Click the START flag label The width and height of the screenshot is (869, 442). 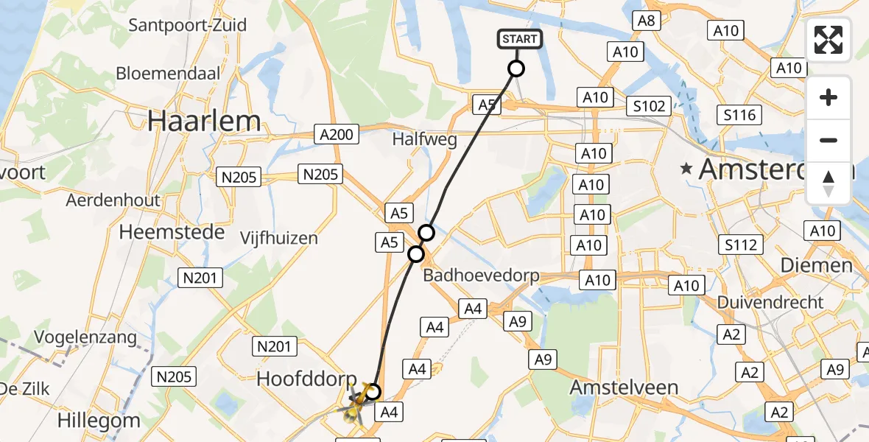click(521, 39)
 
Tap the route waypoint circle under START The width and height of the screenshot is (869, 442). click(516, 69)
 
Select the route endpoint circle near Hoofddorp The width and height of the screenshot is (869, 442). click(373, 392)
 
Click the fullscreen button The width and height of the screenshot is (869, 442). click(828, 40)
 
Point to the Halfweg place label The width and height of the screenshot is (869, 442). click(425, 139)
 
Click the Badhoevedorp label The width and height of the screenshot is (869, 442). click(481, 276)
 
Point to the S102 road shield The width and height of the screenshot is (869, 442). click(649, 106)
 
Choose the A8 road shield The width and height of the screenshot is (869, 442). click(646, 21)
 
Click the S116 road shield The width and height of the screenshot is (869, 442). click(739, 115)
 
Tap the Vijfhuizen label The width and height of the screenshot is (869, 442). click(279, 238)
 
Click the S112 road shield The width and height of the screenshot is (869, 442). click(741, 245)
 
